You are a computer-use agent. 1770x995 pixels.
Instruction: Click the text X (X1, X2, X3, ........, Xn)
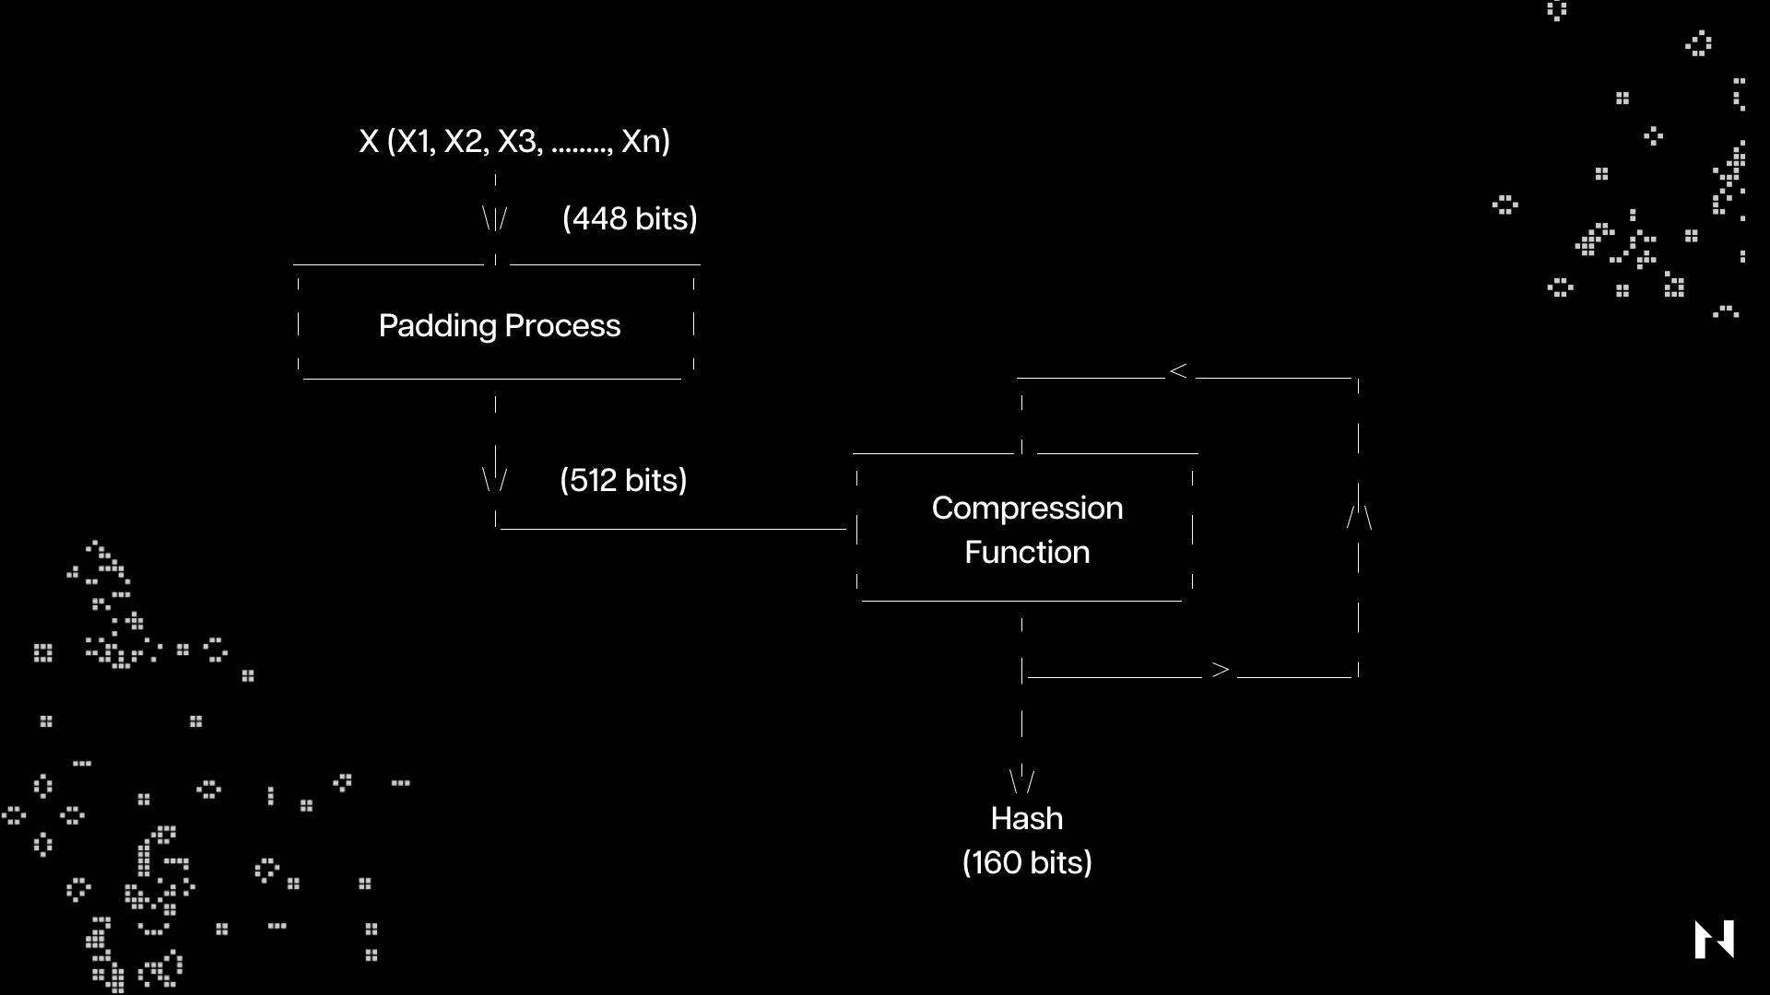point(514,141)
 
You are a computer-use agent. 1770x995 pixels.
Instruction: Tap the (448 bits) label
point(630,218)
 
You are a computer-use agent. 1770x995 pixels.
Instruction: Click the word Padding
point(437,326)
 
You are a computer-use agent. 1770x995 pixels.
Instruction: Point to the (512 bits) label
point(623,480)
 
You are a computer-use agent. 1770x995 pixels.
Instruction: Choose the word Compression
point(1027,508)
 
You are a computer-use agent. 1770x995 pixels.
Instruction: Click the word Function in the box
point(1027,552)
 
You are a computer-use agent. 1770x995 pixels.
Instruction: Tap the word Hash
point(1027,818)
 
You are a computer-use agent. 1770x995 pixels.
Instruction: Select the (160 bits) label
point(1027,862)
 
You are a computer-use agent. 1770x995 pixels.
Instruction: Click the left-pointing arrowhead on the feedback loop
point(1178,371)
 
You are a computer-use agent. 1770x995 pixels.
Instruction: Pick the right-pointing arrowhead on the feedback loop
point(1221,670)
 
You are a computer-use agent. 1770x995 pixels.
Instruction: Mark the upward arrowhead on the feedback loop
point(1359,517)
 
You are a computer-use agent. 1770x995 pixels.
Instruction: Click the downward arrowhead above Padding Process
point(495,219)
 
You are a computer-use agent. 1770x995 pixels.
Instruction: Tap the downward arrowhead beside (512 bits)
point(495,479)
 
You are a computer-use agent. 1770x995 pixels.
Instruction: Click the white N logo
point(1714,939)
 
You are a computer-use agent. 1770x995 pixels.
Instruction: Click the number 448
point(600,218)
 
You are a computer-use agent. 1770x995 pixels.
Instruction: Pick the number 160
point(996,862)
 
